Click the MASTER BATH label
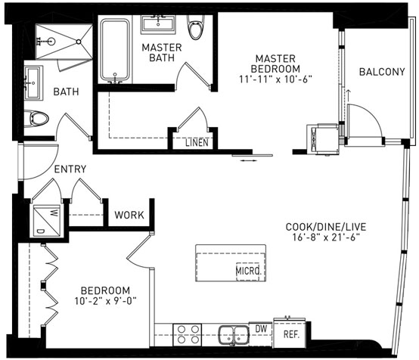[x=162, y=52]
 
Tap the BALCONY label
[x=382, y=72]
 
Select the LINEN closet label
[x=197, y=142]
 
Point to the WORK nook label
[x=129, y=215]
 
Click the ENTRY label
[x=70, y=169]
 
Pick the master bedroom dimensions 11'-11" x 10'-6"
[x=275, y=79]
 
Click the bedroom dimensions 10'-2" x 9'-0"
[x=106, y=301]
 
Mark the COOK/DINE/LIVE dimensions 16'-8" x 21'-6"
[x=326, y=237]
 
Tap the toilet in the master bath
[x=195, y=27]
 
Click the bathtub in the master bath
[x=115, y=50]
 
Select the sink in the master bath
[x=158, y=24]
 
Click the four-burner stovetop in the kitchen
[x=188, y=334]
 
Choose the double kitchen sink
[x=234, y=334]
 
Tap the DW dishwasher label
[x=261, y=329]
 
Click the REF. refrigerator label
[x=291, y=334]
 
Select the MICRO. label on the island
[x=248, y=271]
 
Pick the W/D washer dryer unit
[x=47, y=221]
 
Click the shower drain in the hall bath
[x=79, y=42]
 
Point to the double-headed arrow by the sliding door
[x=249, y=160]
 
